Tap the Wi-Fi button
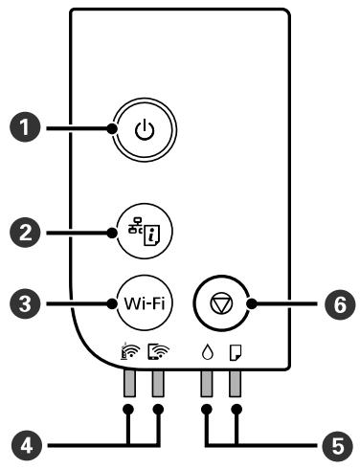(143, 305)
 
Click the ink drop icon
(206, 353)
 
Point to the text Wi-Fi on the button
(143, 305)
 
